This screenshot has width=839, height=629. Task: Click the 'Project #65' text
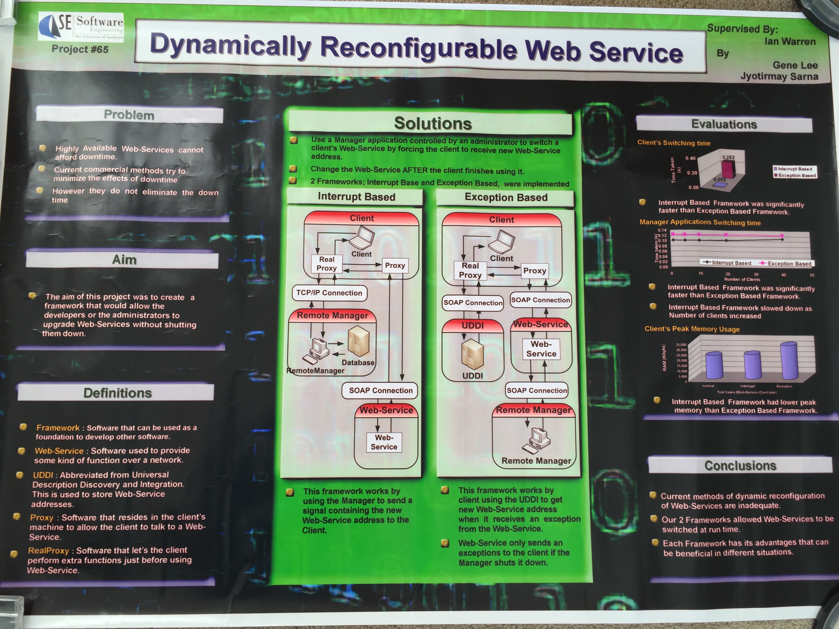80,49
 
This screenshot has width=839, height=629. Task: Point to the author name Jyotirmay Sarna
779,77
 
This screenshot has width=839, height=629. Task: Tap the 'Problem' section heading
129,115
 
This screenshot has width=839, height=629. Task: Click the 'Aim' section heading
124,260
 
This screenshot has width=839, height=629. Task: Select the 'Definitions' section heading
117,393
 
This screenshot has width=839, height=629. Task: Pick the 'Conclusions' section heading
740,466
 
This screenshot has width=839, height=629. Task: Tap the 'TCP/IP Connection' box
329,293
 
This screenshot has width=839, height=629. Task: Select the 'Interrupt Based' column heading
356,197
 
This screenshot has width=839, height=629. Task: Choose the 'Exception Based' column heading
506,198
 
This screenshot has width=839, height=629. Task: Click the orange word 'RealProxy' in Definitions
49,551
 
